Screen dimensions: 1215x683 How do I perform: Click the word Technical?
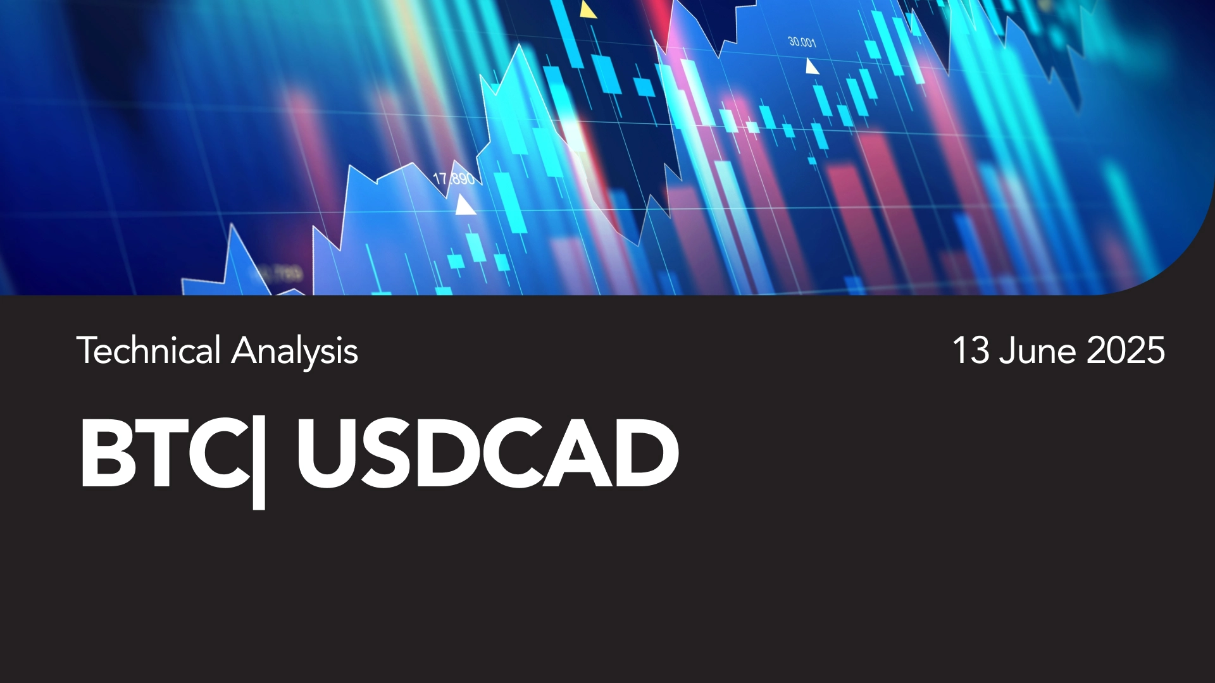pos(149,350)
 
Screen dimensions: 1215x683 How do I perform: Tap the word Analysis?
pos(295,353)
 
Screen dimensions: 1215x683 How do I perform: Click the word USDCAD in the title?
pos(487,453)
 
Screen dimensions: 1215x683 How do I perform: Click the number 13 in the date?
pos(971,351)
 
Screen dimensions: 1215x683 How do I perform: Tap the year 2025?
pos(1126,351)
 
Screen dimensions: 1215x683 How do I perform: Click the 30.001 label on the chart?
pos(802,42)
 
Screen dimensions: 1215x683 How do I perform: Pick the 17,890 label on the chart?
pos(454,179)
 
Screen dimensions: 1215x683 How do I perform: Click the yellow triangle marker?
pos(588,10)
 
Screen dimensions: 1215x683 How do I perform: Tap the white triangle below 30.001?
pos(811,66)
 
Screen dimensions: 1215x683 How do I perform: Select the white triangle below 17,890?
pos(465,205)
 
